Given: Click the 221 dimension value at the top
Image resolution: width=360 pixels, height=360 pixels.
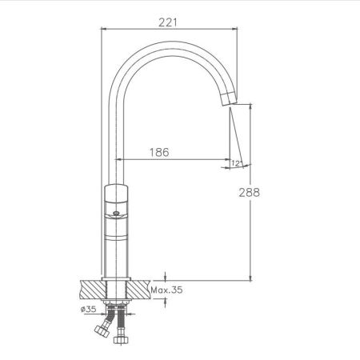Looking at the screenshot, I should [168, 22].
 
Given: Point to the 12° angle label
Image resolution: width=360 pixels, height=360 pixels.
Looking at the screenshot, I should [237, 163].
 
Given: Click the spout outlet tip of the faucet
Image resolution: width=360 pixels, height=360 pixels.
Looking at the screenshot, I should [229, 98].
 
